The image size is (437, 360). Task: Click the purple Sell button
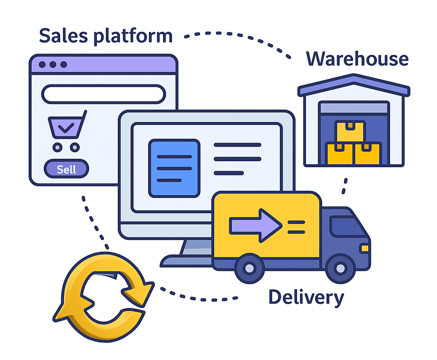(x=66, y=169)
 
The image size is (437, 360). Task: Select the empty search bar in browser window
(x=103, y=94)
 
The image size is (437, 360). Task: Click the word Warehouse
(x=357, y=59)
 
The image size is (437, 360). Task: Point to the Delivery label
(x=306, y=297)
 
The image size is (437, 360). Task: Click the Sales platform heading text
(x=106, y=36)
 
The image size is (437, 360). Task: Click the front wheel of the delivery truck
(x=340, y=268)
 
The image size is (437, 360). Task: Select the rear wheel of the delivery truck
(x=250, y=268)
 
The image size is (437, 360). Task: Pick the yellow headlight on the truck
(x=364, y=248)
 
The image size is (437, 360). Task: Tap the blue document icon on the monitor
(x=174, y=168)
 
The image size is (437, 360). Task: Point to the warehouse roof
(x=353, y=84)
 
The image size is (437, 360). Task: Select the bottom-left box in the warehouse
(x=340, y=154)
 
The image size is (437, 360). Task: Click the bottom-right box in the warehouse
(x=367, y=154)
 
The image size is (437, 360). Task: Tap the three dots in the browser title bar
(x=53, y=64)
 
